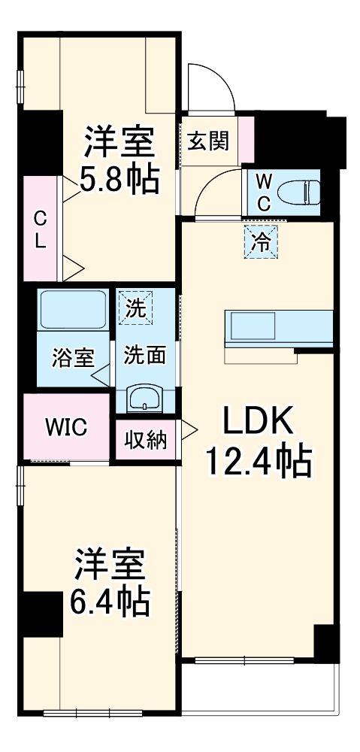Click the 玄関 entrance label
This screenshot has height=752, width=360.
[x=208, y=141]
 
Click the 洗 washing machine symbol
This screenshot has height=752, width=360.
[x=136, y=308]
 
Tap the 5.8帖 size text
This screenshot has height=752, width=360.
[x=119, y=180]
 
